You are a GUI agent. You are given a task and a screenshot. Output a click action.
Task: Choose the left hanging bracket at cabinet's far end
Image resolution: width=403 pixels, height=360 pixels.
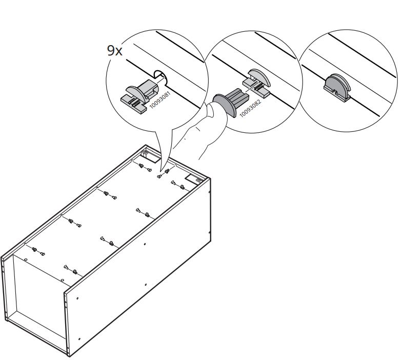pyautogui.click(x=145, y=152)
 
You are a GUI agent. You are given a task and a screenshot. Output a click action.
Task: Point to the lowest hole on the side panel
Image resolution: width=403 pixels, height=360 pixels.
pyautogui.click(x=79, y=338)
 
